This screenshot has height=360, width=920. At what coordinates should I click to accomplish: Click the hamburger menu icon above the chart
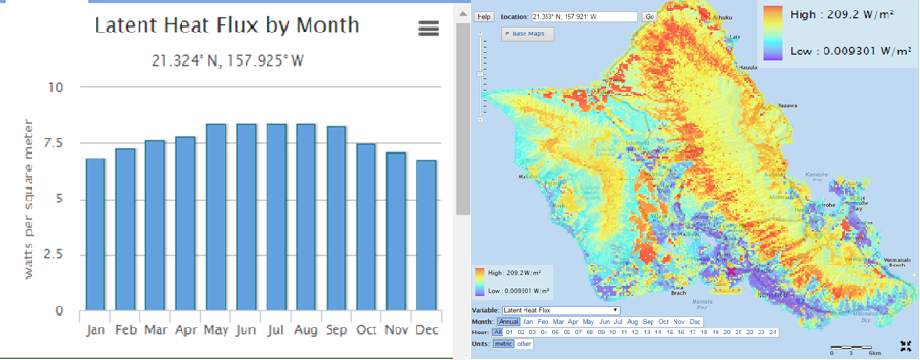pyautogui.click(x=429, y=29)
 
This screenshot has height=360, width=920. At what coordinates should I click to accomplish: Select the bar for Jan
pyautogui.click(x=96, y=234)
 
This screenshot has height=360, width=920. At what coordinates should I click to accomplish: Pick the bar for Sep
pyautogui.click(x=336, y=218)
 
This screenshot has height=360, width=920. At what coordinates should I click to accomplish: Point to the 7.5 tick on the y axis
pyautogui.click(x=54, y=143)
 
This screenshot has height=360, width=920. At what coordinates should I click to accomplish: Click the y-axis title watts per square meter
pyautogui.click(x=29, y=199)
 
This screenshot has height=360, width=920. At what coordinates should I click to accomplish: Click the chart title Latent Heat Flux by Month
pyautogui.click(x=227, y=26)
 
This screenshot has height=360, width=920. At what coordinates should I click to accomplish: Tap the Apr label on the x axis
pyautogui.click(x=185, y=330)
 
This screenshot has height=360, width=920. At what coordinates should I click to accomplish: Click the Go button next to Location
pyautogui.click(x=650, y=17)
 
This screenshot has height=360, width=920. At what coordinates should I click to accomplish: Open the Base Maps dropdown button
pyautogui.click(x=528, y=33)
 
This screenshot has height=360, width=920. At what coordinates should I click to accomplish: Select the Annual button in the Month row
pyautogui.click(x=508, y=322)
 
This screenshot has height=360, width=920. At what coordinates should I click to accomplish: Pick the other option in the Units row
pyautogui.click(x=524, y=343)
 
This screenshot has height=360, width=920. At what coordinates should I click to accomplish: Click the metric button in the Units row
pyautogui.click(x=503, y=343)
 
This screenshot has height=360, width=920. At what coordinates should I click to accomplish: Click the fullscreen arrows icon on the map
pyautogui.click(x=905, y=347)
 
